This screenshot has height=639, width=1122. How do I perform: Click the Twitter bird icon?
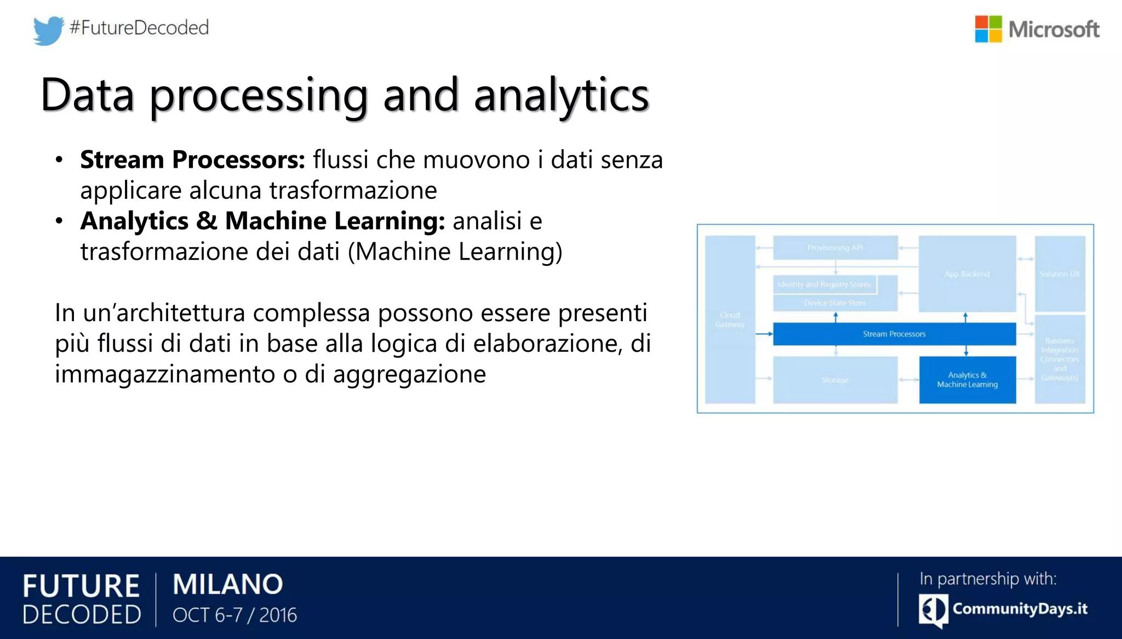click(x=48, y=30)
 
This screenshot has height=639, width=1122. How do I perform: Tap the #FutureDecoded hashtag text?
click(x=139, y=27)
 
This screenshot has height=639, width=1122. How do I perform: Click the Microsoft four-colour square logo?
click(x=988, y=29)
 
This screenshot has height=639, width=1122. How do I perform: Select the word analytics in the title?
click(x=561, y=95)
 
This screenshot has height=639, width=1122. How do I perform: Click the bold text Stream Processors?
click(x=192, y=159)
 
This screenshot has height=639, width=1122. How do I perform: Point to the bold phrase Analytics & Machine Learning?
click(x=262, y=221)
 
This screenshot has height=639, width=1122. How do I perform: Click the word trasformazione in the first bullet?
click(x=353, y=191)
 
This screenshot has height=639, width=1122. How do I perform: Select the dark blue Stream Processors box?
click(x=894, y=334)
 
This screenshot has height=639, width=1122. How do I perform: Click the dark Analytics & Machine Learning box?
click(x=967, y=380)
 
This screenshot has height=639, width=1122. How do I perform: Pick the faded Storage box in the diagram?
click(x=835, y=380)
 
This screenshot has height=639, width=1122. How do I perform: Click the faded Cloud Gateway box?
click(x=730, y=319)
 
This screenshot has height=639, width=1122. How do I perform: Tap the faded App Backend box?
click(x=967, y=273)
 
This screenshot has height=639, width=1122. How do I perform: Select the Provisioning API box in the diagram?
click(x=835, y=248)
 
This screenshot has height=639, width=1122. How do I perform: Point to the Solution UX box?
click(x=1060, y=273)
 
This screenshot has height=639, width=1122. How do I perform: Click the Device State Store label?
click(x=835, y=303)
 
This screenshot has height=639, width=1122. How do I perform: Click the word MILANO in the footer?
click(x=228, y=584)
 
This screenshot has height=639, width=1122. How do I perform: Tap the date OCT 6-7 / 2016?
click(x=234, y=615)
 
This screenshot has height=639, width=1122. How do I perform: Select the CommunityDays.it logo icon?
click(x=933, y=610)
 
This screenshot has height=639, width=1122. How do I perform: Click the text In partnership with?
click(x=988, y=579)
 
